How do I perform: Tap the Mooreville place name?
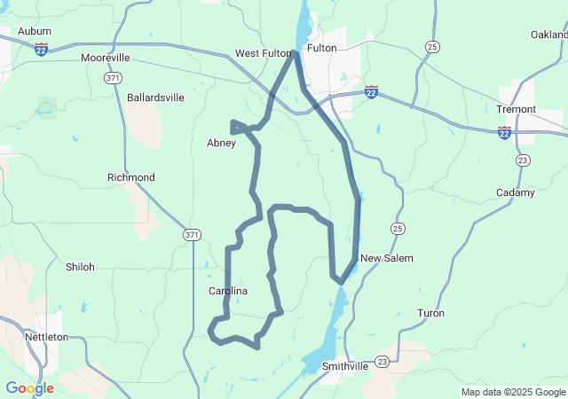click(105, 58)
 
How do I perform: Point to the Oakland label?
click(549, 35)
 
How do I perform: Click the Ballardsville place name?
click(155, 98)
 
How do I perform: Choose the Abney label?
click(221, 143)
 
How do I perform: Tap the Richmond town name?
click(130, 177)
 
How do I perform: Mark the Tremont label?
click(516, 109)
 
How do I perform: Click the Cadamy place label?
click(516, 192)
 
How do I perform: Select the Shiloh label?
click(80, 266)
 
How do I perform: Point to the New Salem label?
click(386, 258)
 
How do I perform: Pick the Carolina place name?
click(227, 291)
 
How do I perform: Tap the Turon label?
click(430, 313)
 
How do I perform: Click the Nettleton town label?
click(47, 337)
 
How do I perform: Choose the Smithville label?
click(345, 365)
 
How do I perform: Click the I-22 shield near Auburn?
click(42, 51)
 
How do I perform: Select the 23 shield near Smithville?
click(382, 361)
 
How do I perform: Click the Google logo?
click(29, 388)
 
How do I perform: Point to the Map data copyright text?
click(512, 392)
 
